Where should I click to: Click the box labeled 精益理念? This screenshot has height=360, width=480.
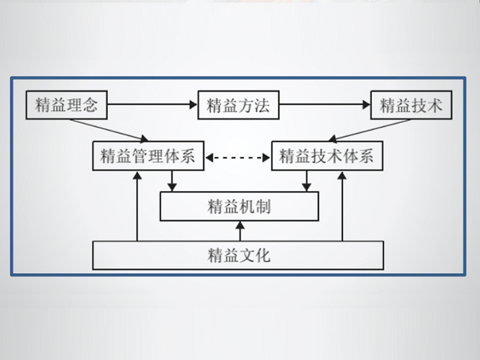click(x=66, y=105)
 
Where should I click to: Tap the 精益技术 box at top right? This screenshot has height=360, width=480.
click(x=411, y=105)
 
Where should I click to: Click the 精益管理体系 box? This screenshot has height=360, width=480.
click(x=148, y=156)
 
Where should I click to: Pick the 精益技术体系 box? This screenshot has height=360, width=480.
click(x=327, y=156)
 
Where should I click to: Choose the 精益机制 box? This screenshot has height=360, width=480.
click(x=239, y=206)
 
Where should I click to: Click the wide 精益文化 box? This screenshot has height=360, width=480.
click(x=238, y=255)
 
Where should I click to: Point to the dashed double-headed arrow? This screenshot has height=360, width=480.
click(x=238, y=157)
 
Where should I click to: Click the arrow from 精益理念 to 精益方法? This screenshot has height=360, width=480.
click(x=152, y=105)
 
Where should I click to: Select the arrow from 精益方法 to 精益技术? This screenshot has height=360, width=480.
click(x=324, y=105)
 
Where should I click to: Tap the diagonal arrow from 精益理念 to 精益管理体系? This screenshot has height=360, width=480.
click(x=109, y=130)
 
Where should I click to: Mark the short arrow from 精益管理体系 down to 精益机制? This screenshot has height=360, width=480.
click(x=172, y=181)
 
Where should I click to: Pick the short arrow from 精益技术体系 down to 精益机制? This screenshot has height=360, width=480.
click(x=306, y=181)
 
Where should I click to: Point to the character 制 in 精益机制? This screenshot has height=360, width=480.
click(x=263, y=206)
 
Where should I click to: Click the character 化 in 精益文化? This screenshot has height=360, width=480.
click(x=263, y=255)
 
